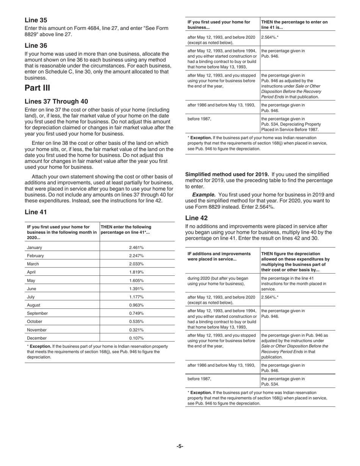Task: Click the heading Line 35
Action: pos(36,20)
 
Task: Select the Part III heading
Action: pos(37,88)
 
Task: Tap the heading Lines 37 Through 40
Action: pos(56,102)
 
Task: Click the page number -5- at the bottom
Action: pos(180,446)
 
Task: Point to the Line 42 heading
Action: pos(196,218)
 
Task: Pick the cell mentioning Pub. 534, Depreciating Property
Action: pos(291,124)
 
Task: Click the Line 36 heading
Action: pos(36,45)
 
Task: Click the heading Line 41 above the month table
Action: pos(36,212)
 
